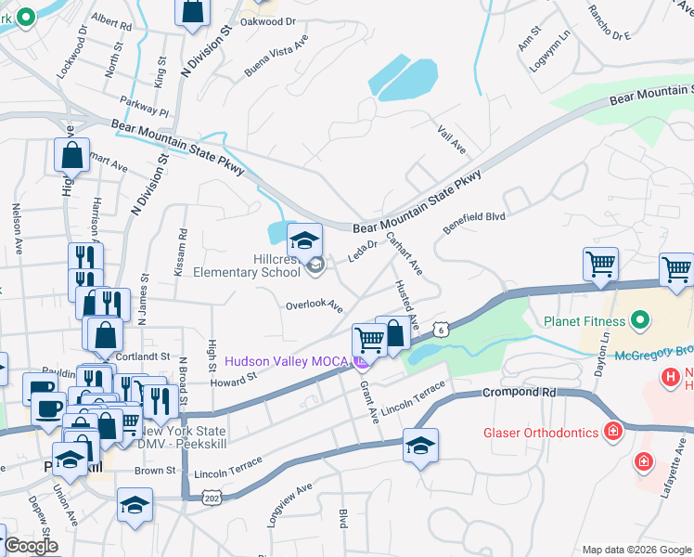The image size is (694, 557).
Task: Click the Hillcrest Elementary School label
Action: point(246,266)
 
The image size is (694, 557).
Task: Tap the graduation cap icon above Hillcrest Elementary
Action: point(304,241)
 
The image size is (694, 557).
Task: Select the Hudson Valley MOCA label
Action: point(283,361)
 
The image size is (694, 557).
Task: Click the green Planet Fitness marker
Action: point(639,322)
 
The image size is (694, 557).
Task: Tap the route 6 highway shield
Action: point(443,330)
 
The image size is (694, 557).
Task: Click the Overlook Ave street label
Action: point(314,305)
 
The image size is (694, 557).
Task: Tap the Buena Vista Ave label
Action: point(276,58)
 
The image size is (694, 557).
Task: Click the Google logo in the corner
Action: point(32,546)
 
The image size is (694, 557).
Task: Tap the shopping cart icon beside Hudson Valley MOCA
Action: point(369,341)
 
